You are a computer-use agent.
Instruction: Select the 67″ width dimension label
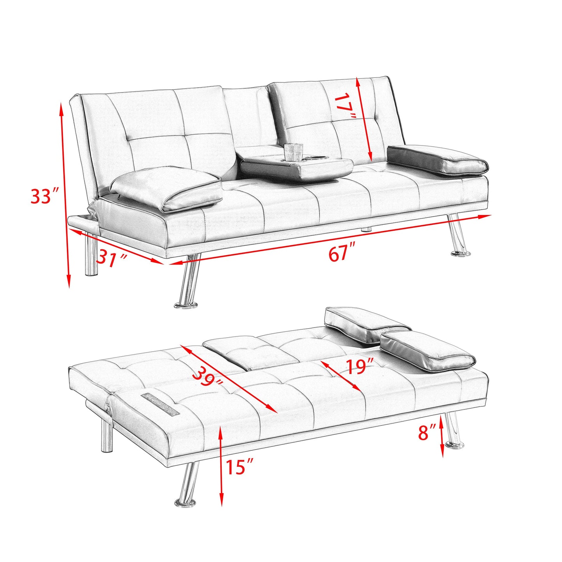tap(342, 254)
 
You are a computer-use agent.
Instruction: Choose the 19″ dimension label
tap(360, 366)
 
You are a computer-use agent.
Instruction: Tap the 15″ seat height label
tap(240, 466)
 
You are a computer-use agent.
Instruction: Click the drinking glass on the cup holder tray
tap(293, 152)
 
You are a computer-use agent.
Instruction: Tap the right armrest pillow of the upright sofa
tap(438, 159)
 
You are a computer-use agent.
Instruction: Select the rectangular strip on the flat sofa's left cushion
tap(161, 403)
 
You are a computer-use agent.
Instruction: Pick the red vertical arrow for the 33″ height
tap(65, 194)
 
